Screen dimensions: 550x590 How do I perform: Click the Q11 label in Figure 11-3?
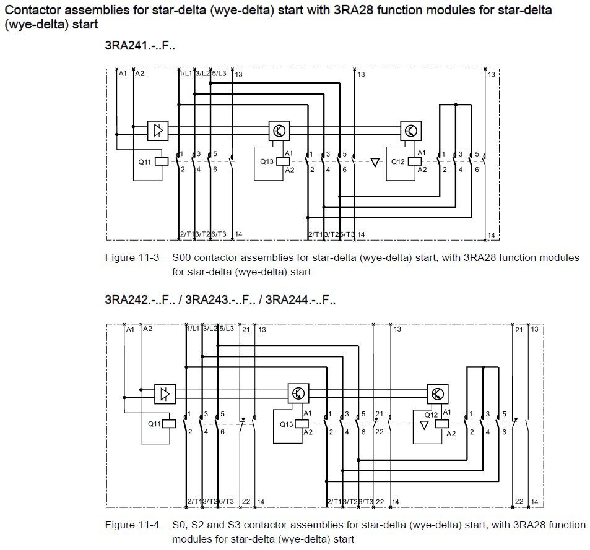(144, 161)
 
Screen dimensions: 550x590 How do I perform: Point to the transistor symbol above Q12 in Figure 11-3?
(410, 131)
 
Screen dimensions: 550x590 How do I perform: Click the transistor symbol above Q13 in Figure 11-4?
(298, 393)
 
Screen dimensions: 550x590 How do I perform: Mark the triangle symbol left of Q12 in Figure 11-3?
(375, 163)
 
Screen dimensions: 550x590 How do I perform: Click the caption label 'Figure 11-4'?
(132, 525)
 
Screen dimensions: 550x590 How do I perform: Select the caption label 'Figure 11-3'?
(132, 257)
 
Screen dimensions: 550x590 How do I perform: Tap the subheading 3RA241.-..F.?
(141, 46)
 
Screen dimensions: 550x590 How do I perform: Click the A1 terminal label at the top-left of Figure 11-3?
(123, 74)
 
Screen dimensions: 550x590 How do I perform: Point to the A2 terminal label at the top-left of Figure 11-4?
(147, 329)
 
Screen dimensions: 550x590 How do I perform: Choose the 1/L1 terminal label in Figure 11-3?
(185, 74)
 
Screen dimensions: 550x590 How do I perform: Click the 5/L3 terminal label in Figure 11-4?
(227, 329)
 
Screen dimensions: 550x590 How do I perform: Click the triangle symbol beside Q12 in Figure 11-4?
(424, 426)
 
